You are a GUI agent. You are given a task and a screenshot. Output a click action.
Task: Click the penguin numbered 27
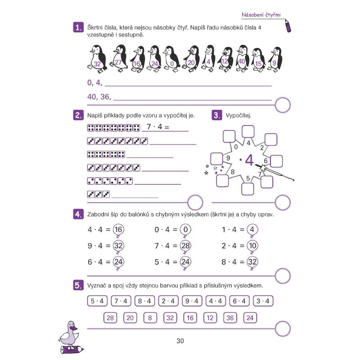[x=119, y=58]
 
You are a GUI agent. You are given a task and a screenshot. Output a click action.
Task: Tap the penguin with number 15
[x=258, y=60]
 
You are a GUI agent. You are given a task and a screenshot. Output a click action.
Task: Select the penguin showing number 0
[x=171, y=59]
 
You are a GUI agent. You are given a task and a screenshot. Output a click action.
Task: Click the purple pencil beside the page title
[x=288, y=26]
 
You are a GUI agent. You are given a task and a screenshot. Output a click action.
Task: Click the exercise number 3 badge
[x=217, y=115]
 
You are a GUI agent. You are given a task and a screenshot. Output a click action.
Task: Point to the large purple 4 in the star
[x=249, y=160]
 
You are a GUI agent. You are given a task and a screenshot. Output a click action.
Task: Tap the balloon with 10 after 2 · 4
[x=252, y=246]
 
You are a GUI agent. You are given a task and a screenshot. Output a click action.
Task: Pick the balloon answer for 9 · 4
[x=118, y=246]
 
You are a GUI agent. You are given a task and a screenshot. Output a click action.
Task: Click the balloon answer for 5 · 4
[x=185, y=262]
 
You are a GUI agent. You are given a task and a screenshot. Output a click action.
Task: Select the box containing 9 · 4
[x=192, y=301]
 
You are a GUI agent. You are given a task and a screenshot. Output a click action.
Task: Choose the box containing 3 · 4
[x=263, y=301]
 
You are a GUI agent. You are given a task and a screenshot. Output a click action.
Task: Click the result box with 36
[x=230, y=318]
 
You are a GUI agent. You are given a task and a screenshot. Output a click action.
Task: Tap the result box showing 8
[x=150, y=318]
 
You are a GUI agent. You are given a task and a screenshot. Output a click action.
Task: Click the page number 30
[x=180, y=341]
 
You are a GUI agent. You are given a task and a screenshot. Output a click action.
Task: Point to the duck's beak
[x=74, y=328]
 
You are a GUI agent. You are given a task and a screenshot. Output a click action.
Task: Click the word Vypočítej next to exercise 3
[x=238, y=115]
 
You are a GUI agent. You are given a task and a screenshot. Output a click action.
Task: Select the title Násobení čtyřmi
[x=261, y=15]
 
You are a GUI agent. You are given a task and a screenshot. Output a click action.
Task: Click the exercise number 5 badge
[x=78, y=285]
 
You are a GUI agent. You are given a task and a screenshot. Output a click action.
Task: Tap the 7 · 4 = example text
[x=158, y=126]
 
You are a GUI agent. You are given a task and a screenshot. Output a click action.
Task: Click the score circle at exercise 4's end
[x=283, y=276]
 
